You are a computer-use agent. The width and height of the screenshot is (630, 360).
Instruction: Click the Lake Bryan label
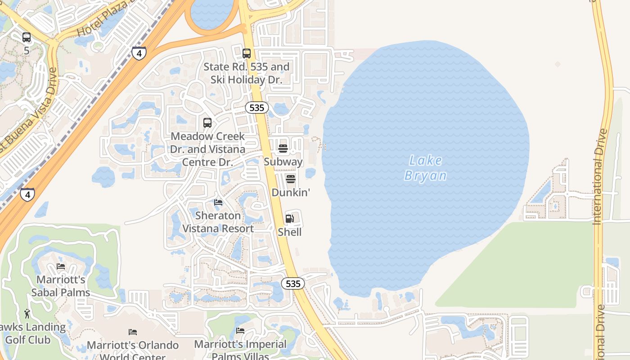(x=425, y=168)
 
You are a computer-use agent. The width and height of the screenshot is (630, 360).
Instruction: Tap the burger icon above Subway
(x=283, y=148)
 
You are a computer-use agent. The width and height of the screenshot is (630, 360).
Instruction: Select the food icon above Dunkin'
(x=291, y=179)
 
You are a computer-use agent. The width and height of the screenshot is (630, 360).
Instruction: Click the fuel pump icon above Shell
(x=290, y=219)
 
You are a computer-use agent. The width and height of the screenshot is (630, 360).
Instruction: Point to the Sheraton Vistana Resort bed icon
(x=218, y=202)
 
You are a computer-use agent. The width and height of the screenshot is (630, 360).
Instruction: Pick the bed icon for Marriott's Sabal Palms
(x=61, y=266)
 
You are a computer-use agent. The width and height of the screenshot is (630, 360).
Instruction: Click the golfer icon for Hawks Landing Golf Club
(x=27, y=313)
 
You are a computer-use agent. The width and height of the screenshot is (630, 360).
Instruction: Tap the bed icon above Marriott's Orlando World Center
(x=133, y=332)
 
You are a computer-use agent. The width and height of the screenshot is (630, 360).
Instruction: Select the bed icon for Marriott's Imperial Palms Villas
(x=240, y=331)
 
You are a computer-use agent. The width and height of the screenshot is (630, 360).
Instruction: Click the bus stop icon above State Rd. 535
(x=247, y=54)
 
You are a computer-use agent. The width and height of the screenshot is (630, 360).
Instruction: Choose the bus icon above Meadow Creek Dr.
(x=207, y=122)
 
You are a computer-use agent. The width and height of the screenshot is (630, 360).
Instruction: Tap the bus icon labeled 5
(x=27, y=37)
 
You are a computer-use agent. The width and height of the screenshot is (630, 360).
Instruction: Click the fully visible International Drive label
(x=602, y=176)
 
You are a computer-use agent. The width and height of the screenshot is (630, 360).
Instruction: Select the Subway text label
(x=283, y=162)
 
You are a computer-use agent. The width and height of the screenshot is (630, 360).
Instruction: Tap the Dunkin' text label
(x=291, y=193)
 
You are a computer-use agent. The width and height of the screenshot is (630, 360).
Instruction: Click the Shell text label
(x=289, y=232)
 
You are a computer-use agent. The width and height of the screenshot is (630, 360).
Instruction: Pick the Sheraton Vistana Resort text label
(x=218, y=222)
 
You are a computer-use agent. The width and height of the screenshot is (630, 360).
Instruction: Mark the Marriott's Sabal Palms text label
(x=61, y=286)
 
